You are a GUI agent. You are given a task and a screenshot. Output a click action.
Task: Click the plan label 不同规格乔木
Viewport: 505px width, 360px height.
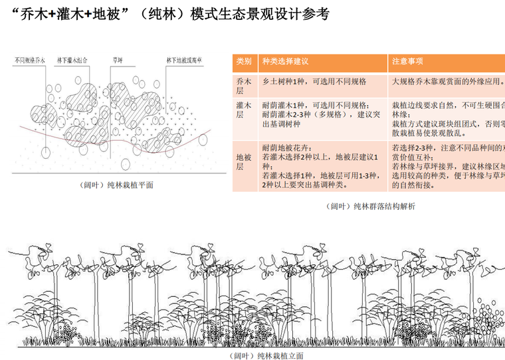coord(30,61)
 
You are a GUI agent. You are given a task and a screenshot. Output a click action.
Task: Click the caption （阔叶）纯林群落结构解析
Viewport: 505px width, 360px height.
coord(372,207)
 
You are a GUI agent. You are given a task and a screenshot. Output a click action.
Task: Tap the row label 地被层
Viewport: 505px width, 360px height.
coord(244,163)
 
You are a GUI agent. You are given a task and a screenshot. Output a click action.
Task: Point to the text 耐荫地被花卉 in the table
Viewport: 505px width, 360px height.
coord(286,147)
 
